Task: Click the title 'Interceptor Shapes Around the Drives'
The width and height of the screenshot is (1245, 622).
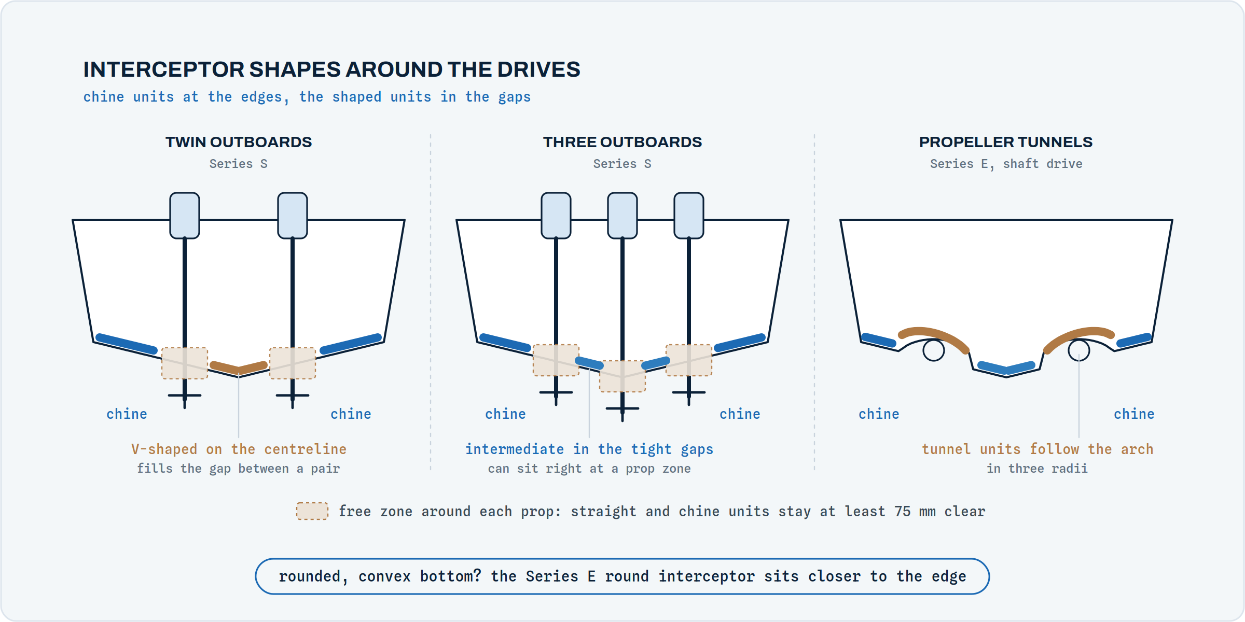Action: pos(332,69)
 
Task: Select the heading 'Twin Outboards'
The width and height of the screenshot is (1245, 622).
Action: pos(239,142)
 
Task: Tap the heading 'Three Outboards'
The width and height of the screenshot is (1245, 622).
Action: pos(622,142)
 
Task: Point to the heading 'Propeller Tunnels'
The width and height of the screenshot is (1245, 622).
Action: pos(1006,142)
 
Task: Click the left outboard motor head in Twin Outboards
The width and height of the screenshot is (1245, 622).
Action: pos(185,216)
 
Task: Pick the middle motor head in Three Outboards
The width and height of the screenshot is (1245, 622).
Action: pos(622,216)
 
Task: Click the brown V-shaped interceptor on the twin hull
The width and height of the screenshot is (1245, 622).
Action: pos(239,368)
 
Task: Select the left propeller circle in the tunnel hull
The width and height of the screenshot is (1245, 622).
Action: pos(934,350)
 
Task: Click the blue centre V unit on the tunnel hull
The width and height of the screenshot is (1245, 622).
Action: pos(1006,368)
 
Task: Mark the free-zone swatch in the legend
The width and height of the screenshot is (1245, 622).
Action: pos(312,511)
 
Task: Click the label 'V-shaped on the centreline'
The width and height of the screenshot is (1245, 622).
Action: pos(239,449)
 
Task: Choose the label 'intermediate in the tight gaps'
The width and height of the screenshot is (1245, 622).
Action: pos(589,449)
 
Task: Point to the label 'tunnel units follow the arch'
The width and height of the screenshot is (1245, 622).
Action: pos(1037,449)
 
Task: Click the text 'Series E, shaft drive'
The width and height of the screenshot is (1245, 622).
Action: pos(1006,164)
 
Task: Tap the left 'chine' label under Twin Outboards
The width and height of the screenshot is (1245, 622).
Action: pos(127,414)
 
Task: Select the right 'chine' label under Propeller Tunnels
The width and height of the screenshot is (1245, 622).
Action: pos(1134,414)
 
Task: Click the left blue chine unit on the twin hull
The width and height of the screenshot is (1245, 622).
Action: pos(127,344)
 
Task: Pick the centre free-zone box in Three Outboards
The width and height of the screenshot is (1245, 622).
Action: pos(622,376)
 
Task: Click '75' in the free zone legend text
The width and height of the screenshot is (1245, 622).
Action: pos(903,511)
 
